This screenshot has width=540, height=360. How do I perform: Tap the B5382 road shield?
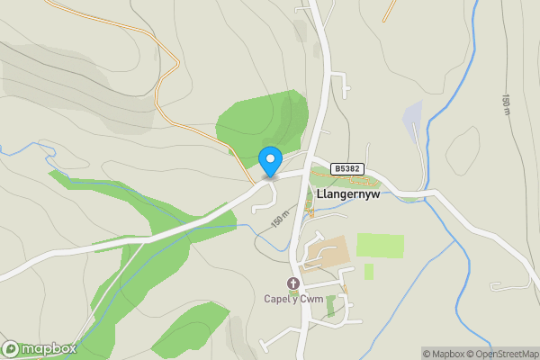point(347,168)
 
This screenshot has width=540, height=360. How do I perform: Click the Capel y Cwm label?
point(292,299)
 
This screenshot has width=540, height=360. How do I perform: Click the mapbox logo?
point(40,349)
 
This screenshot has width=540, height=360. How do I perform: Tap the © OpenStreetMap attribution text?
point(501,353)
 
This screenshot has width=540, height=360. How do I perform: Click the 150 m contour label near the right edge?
point(506,104)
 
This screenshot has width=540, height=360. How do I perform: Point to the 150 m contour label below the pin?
point(279,219)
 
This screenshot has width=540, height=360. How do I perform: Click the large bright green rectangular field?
point(380,245)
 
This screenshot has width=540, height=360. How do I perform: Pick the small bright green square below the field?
point(369,271)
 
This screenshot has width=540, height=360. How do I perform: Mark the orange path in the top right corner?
point(389,10)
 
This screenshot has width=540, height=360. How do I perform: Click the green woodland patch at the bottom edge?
point(192,328)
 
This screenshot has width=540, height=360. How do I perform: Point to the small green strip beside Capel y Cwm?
point(330,306)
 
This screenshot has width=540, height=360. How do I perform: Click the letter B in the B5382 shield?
point(337,168)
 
